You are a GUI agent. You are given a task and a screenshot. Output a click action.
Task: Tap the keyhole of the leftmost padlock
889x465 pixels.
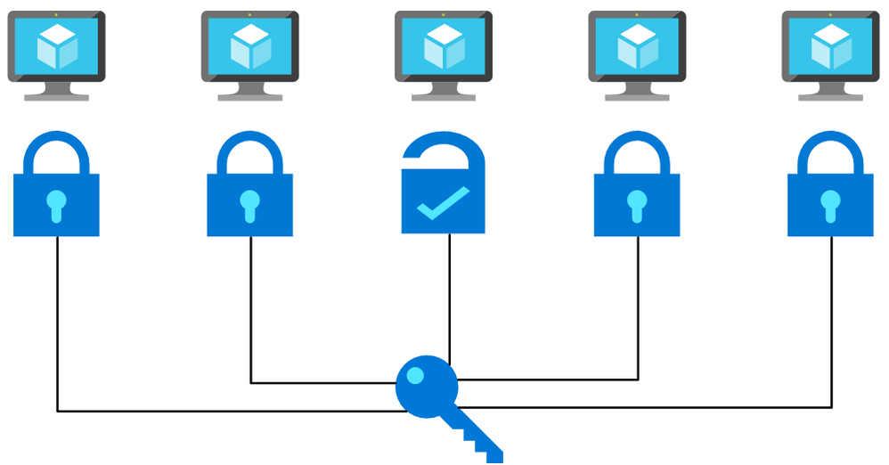click(x=56, y=204)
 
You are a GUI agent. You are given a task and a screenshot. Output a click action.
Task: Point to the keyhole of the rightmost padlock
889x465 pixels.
click(x=830, y=204)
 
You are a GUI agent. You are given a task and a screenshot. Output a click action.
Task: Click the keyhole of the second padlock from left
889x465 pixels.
click(x=250, y=204)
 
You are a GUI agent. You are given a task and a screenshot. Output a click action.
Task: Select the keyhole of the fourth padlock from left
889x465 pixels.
click(x=637, y=204)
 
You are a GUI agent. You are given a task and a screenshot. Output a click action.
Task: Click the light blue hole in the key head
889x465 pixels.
click(x=415, y=378)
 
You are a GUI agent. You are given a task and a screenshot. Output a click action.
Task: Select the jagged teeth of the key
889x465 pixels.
click(x=481, y=442)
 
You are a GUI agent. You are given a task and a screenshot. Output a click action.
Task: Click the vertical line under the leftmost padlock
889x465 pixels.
click(x=58, y=321)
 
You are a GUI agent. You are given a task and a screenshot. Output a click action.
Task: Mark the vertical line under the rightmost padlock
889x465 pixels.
click(x=831, y=321)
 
